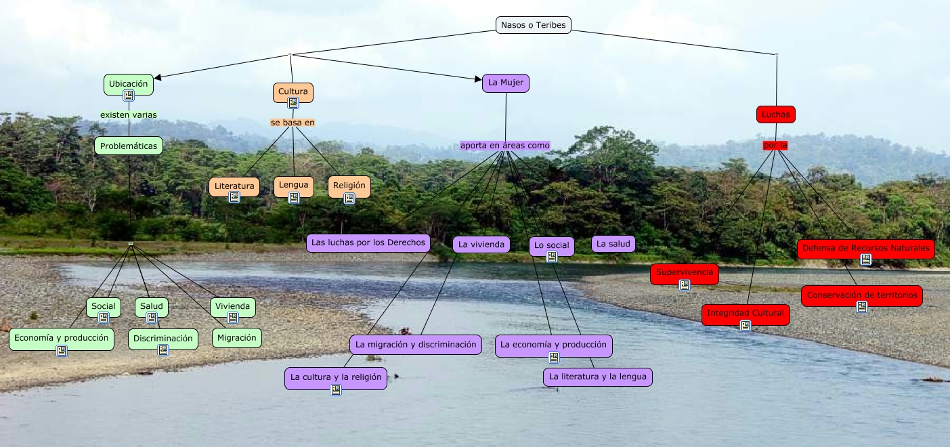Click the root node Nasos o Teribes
tap(534, 25)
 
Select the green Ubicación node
tap(129, 83)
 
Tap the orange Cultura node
tap(293, 91)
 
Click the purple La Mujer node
tap(506, 83)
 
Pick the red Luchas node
tap(775, 114)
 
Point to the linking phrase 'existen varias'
tap(129, 114)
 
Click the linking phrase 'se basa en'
tap(293, 123)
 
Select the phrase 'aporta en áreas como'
tap(505, 146)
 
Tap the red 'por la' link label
tap(775, 145)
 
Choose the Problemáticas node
tap(129, 146)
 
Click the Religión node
tap(349, 185)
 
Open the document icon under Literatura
tap(234, 197)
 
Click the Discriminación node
tap(163, 338)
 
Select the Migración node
tap(237, 337)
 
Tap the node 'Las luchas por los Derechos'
tap(368, 242)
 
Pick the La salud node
tap(613, 244)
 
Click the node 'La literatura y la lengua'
tap(597, 377)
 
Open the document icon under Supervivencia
tap(685, 284)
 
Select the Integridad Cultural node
tap(746, 313)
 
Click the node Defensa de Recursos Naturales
tap(865, 248)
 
